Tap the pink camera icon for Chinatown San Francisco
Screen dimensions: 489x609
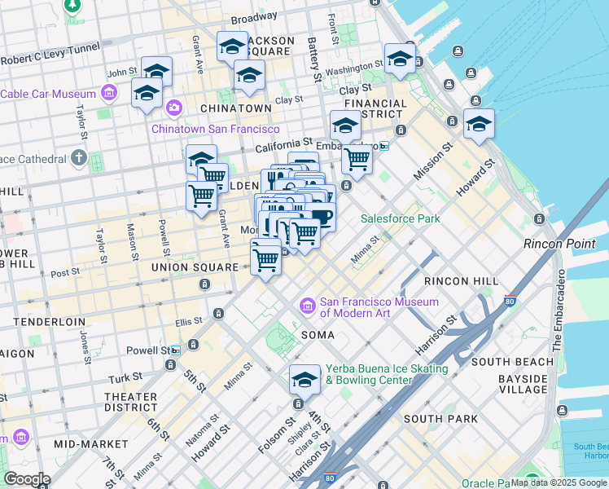point(173,108)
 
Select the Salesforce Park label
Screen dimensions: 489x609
point(400,218)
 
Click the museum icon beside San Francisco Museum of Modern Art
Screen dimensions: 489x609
point(308,306)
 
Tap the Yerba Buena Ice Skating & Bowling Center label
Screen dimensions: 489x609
point(387,374)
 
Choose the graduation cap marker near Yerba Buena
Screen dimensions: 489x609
point(304,381)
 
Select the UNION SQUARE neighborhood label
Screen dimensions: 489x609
point(188,267)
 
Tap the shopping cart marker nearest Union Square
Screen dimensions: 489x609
point(265,260)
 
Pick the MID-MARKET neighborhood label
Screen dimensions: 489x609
point(90,444)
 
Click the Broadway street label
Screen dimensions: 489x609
point(253,17)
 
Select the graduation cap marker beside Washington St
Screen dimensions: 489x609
point(400,59)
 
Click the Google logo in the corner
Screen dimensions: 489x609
point(26,479)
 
